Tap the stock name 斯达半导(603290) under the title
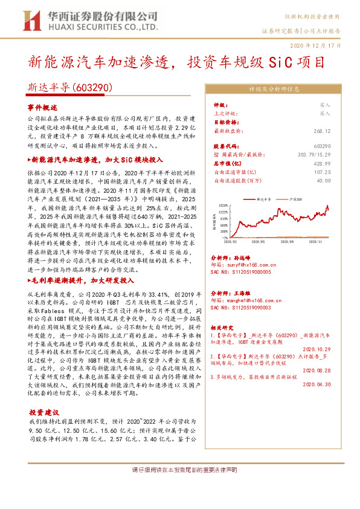point(70,88)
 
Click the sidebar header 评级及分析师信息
point(274,88)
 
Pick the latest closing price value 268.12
point(322,130)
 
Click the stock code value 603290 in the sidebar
point(322,147)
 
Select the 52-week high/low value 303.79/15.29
point(312,155)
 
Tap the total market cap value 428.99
point(322,163)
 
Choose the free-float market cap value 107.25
point(322,172)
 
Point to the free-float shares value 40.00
point(324,180)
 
